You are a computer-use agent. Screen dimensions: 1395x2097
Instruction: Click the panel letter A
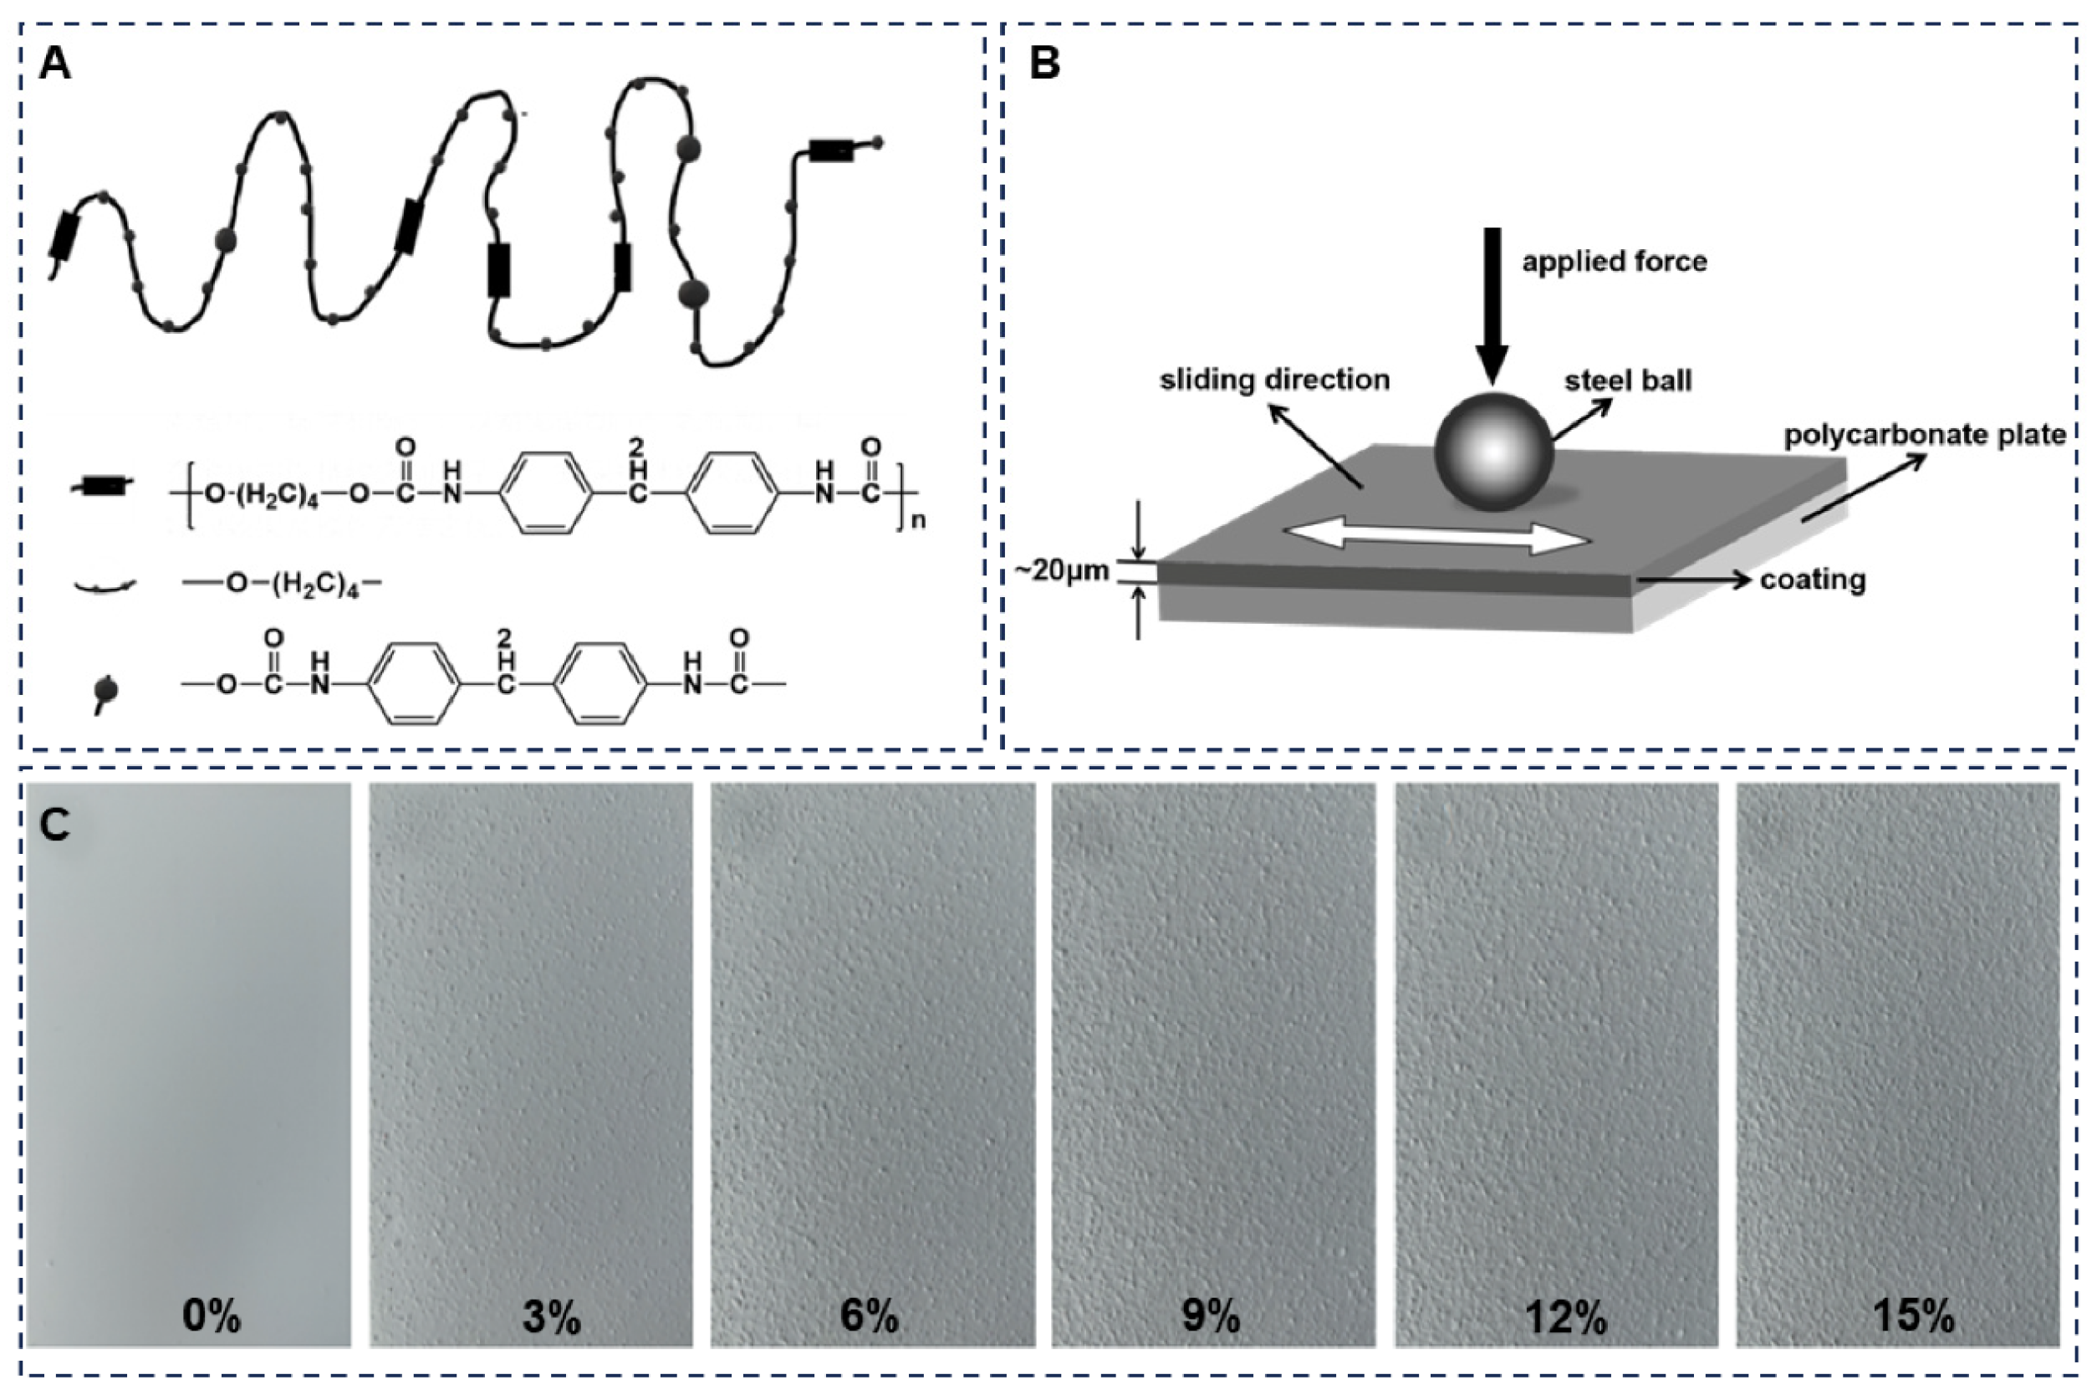[x=55, y=65]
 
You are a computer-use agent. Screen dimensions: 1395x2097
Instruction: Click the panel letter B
[x=1044, y=65]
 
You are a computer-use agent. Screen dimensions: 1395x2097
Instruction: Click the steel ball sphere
[x=1494, y=452]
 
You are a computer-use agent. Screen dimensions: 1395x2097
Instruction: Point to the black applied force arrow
[x=1493, y=303]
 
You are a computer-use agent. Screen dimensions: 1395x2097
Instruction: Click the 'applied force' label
[x=1614, y=262]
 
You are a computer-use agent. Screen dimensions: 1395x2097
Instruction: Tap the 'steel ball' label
[x=1628, y=381]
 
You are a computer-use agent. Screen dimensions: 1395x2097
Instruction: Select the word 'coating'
[x=1813, y=580]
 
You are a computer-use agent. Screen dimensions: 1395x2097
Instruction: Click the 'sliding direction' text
[x=1274, y=380]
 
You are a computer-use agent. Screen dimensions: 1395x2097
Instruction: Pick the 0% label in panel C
[x=211, y=1315]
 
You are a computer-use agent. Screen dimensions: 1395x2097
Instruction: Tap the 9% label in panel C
[x=1211, y=1315]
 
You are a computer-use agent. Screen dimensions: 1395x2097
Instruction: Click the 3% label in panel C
[x=551, y=1315]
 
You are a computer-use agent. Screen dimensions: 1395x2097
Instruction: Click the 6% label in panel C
[x=869, y=1315]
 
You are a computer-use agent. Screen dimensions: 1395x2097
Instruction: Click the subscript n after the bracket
[x=919, y=520]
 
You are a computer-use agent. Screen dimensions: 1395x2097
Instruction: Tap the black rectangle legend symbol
[x=105, y=487]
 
